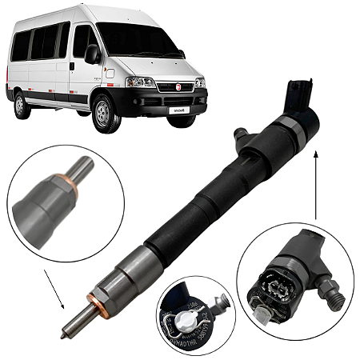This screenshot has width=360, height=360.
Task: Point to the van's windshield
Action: coord(136,40)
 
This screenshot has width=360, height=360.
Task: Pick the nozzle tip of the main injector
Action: coord(72,330)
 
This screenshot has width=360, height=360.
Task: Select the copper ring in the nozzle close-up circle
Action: coord(66,190)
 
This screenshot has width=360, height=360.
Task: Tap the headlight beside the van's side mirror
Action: coord(141,82)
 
